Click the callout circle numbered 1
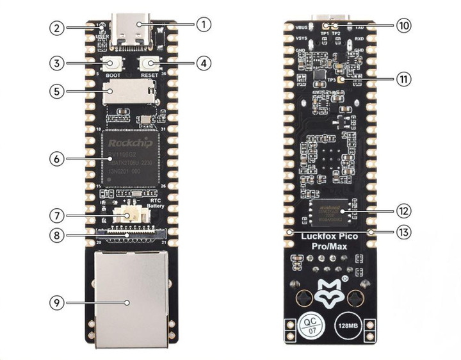[202, 25]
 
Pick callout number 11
[404, 79]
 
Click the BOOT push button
[113, 64]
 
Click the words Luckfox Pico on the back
[330, 236]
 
